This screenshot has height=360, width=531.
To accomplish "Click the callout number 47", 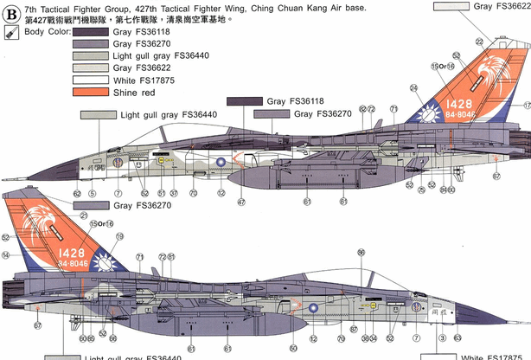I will click(242, 202).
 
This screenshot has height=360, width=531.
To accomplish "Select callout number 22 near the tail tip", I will click(480, 42).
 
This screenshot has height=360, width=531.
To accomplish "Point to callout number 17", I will click(526, 106).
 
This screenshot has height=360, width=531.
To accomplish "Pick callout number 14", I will click(6, 255).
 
